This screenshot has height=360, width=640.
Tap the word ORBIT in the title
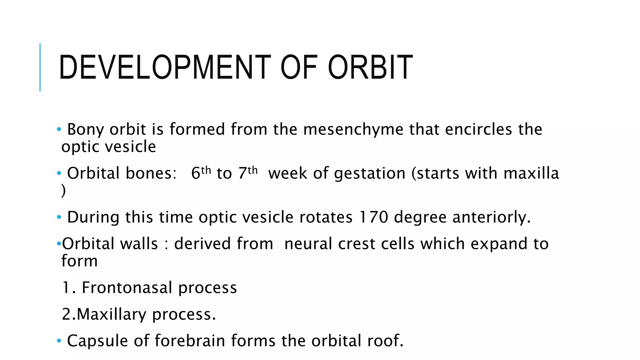370,67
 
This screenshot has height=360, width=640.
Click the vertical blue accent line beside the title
40,67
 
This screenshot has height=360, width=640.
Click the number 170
373,217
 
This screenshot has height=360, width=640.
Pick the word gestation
370,174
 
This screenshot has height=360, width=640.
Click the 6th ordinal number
201,172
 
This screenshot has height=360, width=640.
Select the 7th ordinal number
248,172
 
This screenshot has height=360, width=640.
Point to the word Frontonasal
127,287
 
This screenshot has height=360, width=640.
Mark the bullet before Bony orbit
59,129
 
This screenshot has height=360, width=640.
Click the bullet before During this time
59,217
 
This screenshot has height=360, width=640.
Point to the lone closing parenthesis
63,191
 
